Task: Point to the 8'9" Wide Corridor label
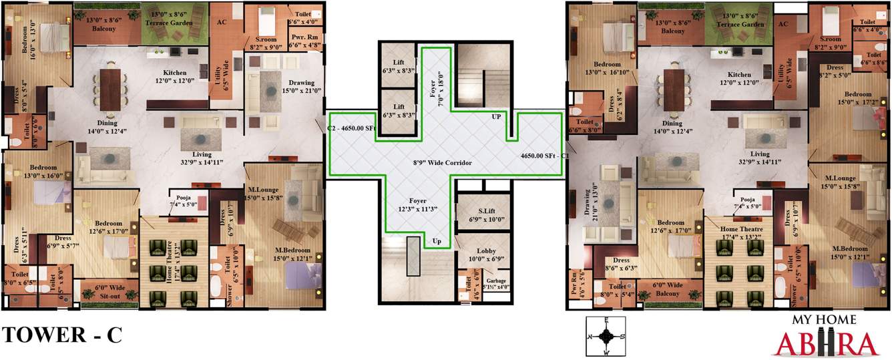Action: tap(443, 163)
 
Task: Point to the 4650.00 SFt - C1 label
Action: tap(543, 155)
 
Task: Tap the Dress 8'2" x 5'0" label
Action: tap(835, 71)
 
